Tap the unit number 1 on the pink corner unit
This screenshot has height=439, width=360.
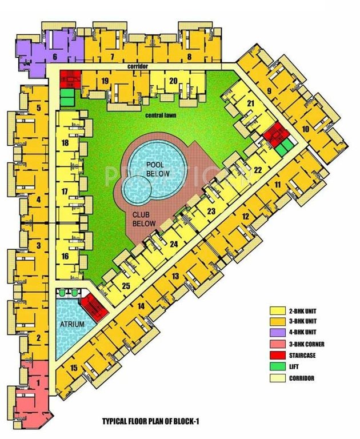click(38, 382)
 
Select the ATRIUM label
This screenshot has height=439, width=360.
click(72, 325)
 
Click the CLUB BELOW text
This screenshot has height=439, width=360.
click(144, 219)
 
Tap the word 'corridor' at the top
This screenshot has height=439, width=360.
click(138, 67)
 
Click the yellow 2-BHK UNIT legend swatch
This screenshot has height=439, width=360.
click(277, 310)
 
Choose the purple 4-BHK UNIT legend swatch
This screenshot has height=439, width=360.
click(277, 332)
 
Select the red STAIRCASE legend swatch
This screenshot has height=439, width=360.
click(277, 355)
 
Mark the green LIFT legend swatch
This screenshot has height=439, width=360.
click(277, 366)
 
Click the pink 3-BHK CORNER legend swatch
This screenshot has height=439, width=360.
click(277, 344)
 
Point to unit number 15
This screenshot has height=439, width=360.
click(74, 368)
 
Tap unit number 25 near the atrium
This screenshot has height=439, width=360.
click(126, 286)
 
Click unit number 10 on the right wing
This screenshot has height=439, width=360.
click(306, 130)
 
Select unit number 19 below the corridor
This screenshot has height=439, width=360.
click(105, 81)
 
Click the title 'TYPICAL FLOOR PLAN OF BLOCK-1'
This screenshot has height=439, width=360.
click(151, 421)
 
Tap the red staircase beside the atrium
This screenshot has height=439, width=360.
click(91, 309)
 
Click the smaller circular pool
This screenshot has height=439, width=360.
click(138, 190)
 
